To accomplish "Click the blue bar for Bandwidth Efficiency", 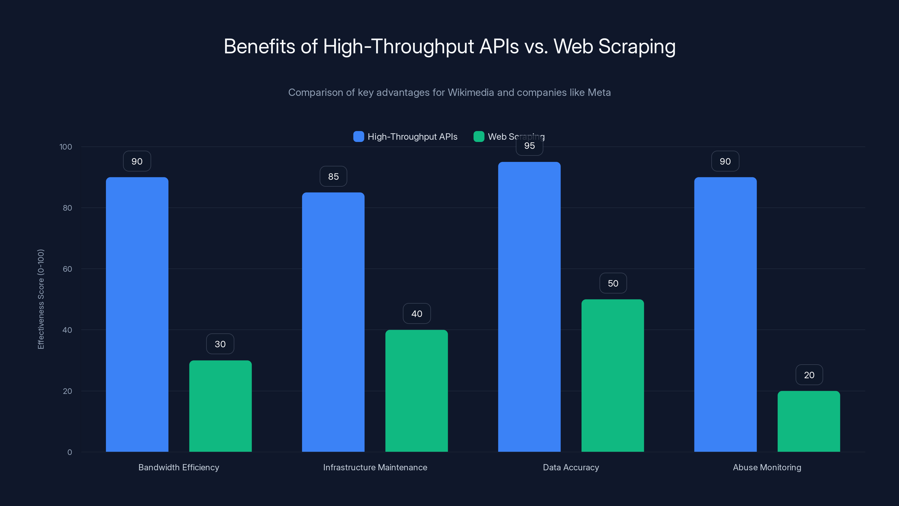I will click(x=137, y=314).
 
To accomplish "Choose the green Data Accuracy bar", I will click(x=612, y=375).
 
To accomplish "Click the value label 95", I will click(x=529, y=146).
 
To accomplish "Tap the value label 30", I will click(x=220, y=344).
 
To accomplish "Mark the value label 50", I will click(x=613, y=283).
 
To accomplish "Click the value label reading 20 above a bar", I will click(x=809, y=375).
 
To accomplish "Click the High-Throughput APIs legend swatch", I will click(x=358, y=137).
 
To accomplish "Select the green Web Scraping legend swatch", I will click(x=478, y=137).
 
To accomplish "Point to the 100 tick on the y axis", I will click(x=66, y=147).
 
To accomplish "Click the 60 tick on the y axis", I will click(x=67, y=269).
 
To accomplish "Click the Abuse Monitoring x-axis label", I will click(x=767, y=467).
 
